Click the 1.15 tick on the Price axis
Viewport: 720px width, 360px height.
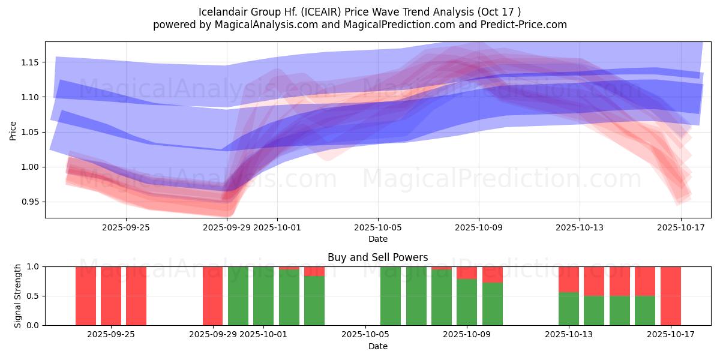click(x=31, y=62)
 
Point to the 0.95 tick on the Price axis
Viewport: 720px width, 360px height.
click(x=31, y=202)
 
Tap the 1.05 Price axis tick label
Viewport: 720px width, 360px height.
click(x=31, y=132)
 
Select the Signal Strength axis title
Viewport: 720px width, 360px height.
click(x=18, y=296)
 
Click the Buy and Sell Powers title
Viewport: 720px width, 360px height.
click(x=377, y=257)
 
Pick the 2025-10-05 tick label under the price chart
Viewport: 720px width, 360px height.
click(x=378, y=227)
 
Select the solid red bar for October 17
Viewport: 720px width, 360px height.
click(x=670, y=296)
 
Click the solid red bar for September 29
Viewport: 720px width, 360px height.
click(x=212, y=296)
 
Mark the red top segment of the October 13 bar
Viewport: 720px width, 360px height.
click(x=568, y=279)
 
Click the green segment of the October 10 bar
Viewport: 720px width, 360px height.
click(x=492, y=304)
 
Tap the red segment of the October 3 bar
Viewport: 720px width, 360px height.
click(x=314, y=271)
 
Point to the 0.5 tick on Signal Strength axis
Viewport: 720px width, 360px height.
click(x=38, y=296)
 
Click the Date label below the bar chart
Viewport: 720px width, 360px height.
click(x=377, y=346)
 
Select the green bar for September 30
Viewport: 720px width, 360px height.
click(x=238, y=296)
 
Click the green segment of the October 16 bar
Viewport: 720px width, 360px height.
click(x=645, y=311)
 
